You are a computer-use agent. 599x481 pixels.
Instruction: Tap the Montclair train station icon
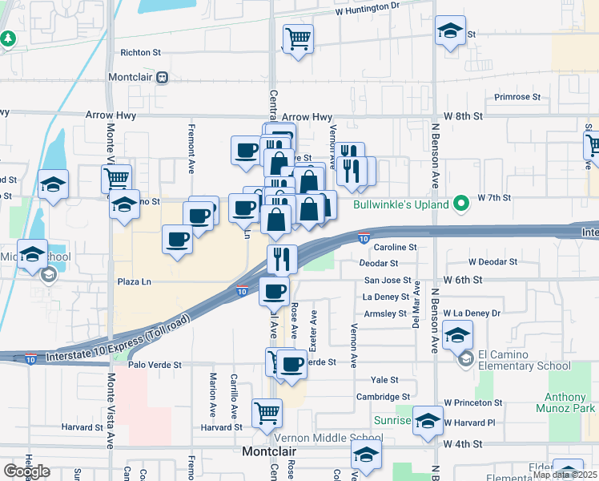(162, 78)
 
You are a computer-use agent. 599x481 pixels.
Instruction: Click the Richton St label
(141, 53)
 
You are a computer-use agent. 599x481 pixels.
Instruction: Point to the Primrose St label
(516, 97)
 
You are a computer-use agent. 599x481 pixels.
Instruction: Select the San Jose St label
(388, 281)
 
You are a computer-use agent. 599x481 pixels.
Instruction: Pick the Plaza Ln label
(135, 282)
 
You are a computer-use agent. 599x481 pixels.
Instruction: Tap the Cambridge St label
(383, 397)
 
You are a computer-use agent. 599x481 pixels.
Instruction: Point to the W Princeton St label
(473, 402)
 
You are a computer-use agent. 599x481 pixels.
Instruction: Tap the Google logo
(26, 471)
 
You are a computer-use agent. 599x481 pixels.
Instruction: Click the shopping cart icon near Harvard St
(267, 414)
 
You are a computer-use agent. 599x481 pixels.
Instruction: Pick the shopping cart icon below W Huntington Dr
(298, 37)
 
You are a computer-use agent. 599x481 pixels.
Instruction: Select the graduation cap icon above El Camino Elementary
(457, 334)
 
